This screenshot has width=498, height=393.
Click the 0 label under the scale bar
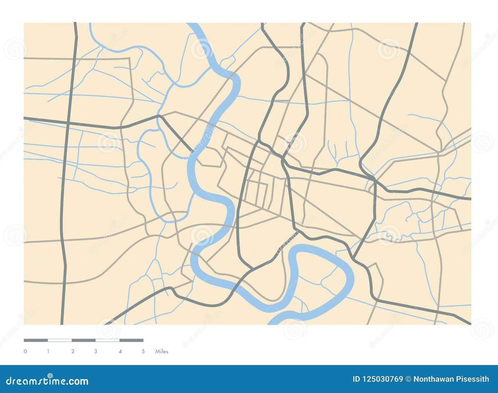(x=25, y=352)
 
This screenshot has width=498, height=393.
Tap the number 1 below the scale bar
(x=48, y=352)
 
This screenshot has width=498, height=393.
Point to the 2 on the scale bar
(x=73, y=352)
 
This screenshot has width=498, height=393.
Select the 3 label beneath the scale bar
(x=96, y=352)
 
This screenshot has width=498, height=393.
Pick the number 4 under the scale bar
(x=120, y=352)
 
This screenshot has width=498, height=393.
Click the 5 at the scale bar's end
(x=143, y=352)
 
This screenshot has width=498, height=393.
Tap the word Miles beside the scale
(x=162, y=352)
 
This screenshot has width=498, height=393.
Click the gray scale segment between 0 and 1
(x=36, y=340)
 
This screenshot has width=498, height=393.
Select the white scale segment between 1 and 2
(x=60, y=340)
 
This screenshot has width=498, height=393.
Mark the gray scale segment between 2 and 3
(x=84, y=340)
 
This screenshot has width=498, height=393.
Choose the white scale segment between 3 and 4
(x=108, y=340)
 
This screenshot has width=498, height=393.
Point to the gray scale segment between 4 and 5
(x=131, y=340)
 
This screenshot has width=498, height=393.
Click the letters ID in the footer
(x=356, y=379)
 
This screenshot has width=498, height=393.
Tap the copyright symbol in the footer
(x=408, y=379)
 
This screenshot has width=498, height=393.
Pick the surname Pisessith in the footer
(x=472, y=379)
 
